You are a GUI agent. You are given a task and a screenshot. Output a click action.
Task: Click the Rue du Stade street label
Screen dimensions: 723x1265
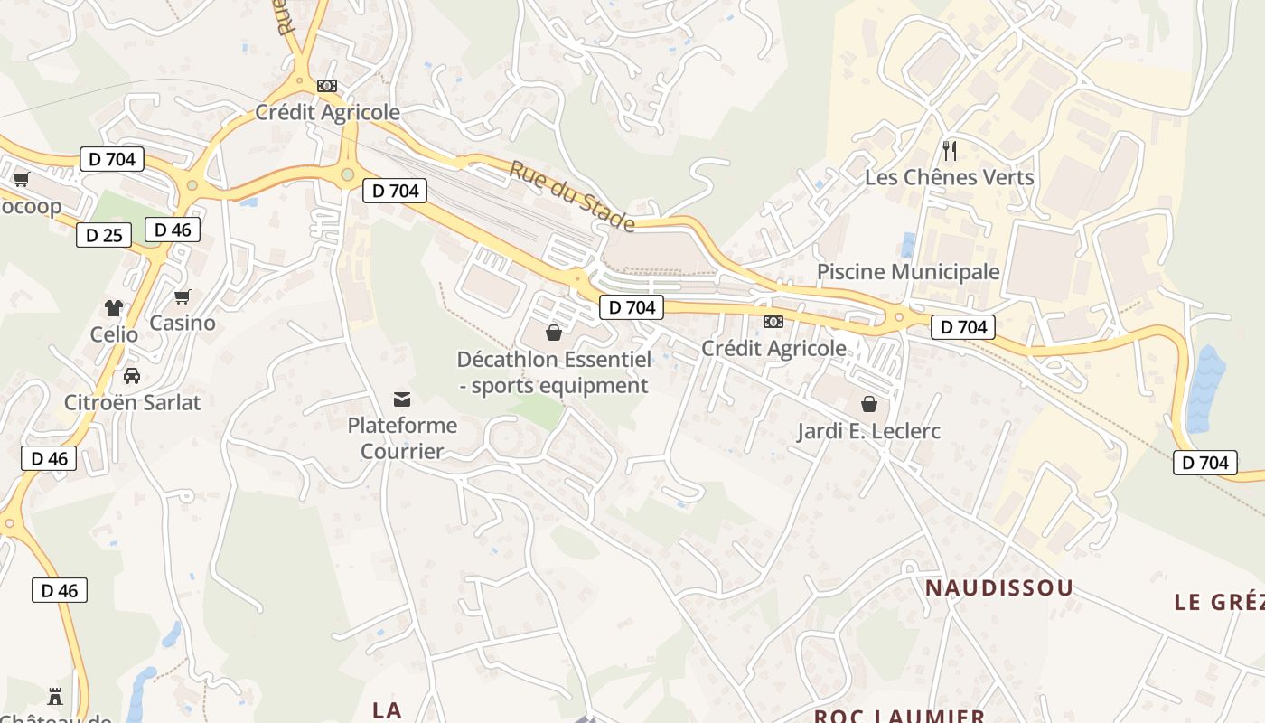[572, 195]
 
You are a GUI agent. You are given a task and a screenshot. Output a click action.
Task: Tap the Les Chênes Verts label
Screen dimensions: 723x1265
[949, 177]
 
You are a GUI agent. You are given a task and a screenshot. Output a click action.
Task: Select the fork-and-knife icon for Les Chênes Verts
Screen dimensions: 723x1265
[949, 150]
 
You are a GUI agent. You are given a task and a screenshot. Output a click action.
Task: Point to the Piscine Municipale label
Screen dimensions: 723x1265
[908, 272]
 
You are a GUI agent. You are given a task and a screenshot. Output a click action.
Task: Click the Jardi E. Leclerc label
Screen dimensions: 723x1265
[868, 431]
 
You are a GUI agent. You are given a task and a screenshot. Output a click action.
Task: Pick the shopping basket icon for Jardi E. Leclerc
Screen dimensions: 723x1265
[869, 403]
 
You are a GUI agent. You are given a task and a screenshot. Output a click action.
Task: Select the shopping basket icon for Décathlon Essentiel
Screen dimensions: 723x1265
[554, 333]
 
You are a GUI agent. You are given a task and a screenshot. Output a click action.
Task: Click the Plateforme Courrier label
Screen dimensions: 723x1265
[402, 438]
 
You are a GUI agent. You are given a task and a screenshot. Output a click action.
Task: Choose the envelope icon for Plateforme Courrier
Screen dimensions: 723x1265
[402, 399]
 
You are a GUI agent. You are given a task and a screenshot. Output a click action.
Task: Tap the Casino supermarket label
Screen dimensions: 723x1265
[183, 323]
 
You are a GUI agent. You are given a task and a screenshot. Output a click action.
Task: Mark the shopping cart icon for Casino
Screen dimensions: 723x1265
[183, 296]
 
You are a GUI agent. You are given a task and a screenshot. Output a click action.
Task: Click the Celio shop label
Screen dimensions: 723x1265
[114, 334]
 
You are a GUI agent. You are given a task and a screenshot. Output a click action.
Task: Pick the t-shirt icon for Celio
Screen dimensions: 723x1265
[114, 308]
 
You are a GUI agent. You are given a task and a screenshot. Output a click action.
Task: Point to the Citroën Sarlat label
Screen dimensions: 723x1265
[132, 402]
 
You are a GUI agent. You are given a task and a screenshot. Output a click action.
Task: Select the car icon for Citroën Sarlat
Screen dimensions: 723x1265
[132, 375]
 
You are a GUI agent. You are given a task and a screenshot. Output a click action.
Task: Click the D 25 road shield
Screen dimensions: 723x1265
[104, 235]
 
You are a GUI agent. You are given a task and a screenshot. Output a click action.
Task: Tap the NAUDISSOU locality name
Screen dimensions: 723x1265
[999, 588]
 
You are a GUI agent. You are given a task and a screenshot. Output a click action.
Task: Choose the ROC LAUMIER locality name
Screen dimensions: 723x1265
[899, 716]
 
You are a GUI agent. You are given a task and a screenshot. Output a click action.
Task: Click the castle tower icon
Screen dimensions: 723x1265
[55, 696]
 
